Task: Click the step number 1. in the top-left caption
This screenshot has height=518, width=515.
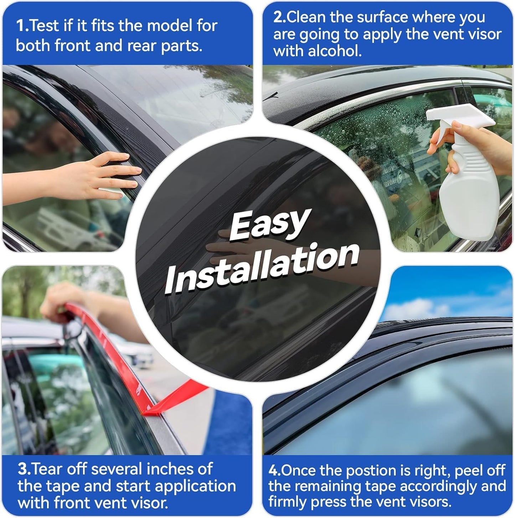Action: pos(22,26)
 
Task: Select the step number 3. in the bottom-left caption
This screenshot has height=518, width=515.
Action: pos(24,469)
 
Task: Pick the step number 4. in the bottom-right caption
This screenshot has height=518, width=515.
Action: pos(274,471)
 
